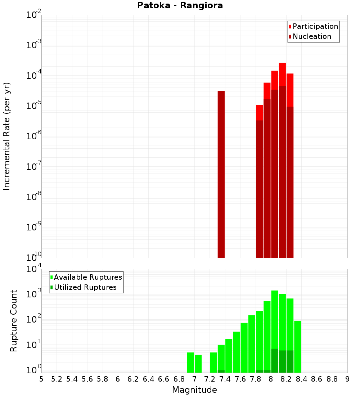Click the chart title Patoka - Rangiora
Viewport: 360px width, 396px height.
point(180,5)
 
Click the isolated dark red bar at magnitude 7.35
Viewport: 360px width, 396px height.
point(221,173)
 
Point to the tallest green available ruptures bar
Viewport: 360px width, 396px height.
point(275,324)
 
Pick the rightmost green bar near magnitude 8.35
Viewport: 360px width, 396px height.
point(297,346)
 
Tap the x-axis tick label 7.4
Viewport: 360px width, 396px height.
point(225,379)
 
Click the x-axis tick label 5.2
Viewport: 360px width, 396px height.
point(57,379)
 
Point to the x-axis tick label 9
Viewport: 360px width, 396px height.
point(347,379)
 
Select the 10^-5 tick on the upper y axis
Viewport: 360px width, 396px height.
point(34,106)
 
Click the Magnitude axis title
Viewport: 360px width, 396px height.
point(194,390)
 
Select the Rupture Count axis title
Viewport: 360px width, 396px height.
point(14,320)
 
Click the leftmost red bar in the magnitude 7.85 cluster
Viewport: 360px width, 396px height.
point(259,180)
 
